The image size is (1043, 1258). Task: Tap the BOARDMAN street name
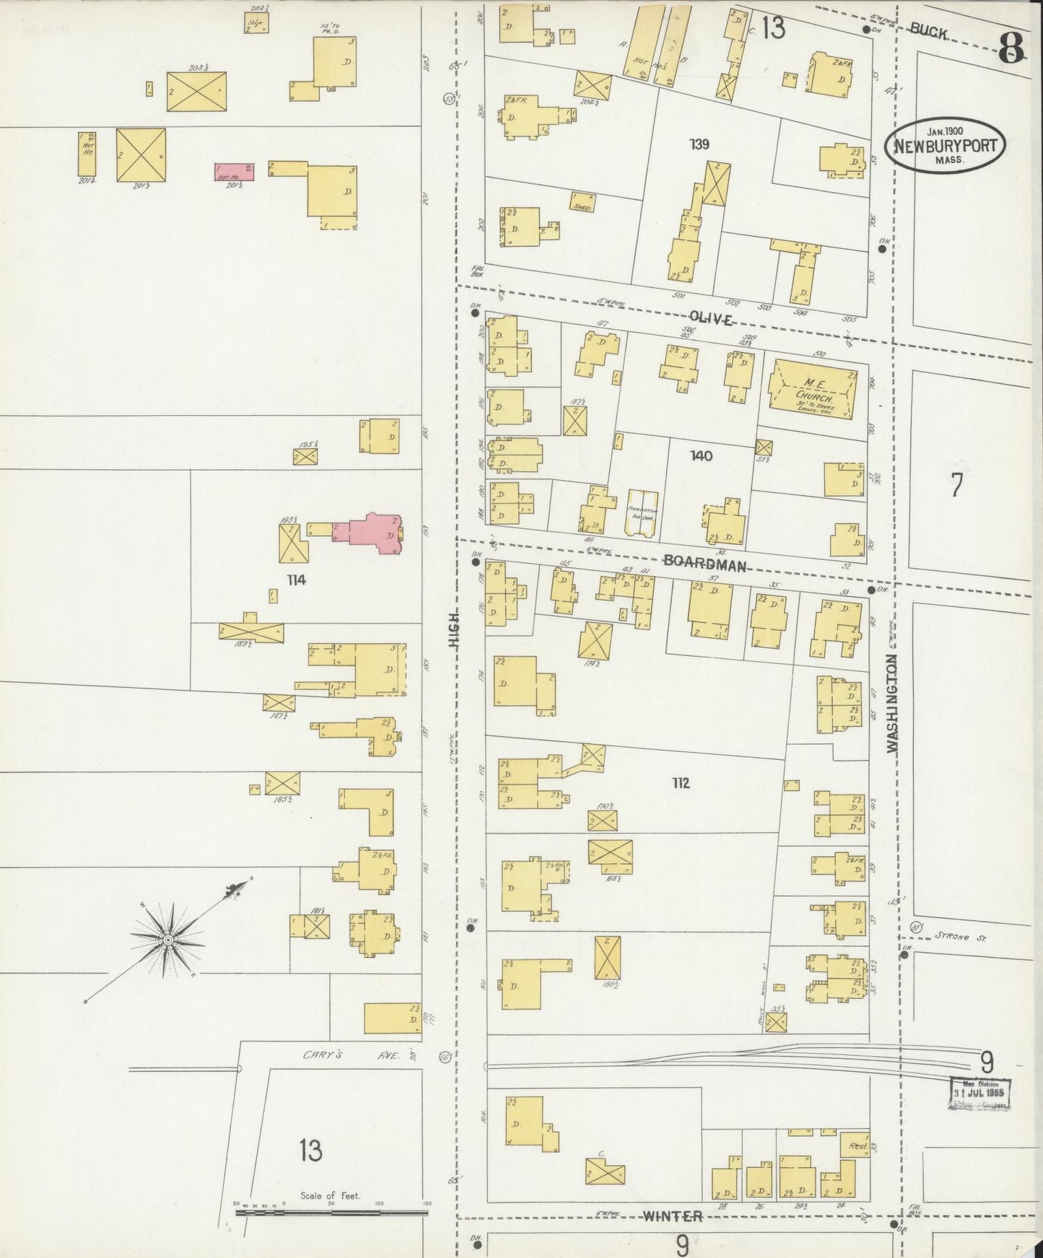704,565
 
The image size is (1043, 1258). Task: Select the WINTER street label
672,1216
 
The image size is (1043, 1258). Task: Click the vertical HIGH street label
454,637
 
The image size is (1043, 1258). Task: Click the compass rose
167,939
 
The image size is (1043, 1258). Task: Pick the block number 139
699,144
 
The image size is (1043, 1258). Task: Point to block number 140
700,456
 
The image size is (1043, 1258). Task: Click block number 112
680,783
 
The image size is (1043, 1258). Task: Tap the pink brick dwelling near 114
374,535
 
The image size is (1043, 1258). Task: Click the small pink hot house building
235,172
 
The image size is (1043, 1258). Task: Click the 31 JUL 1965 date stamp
982,1093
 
